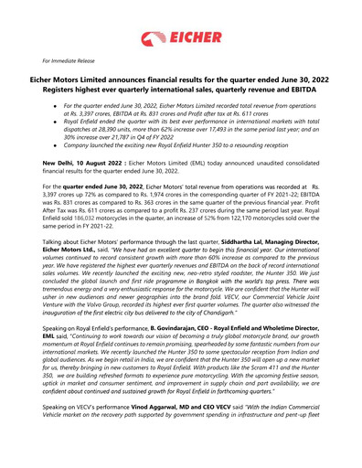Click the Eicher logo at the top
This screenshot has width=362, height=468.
coord(181,38)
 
